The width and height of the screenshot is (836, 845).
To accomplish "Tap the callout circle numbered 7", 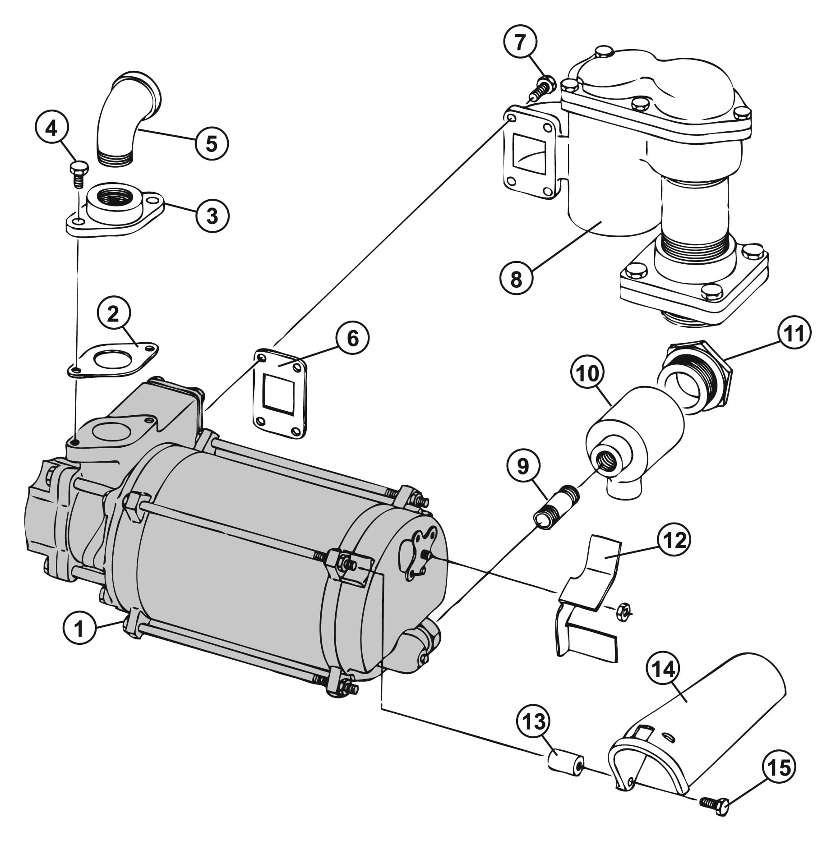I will [x=520, y=43].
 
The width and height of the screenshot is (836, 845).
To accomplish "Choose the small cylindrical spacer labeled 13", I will [x=565, y=762].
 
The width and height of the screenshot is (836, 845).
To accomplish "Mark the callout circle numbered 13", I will [x=534, y=721].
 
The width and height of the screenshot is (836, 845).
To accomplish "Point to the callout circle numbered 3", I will [x=212, y=216].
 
